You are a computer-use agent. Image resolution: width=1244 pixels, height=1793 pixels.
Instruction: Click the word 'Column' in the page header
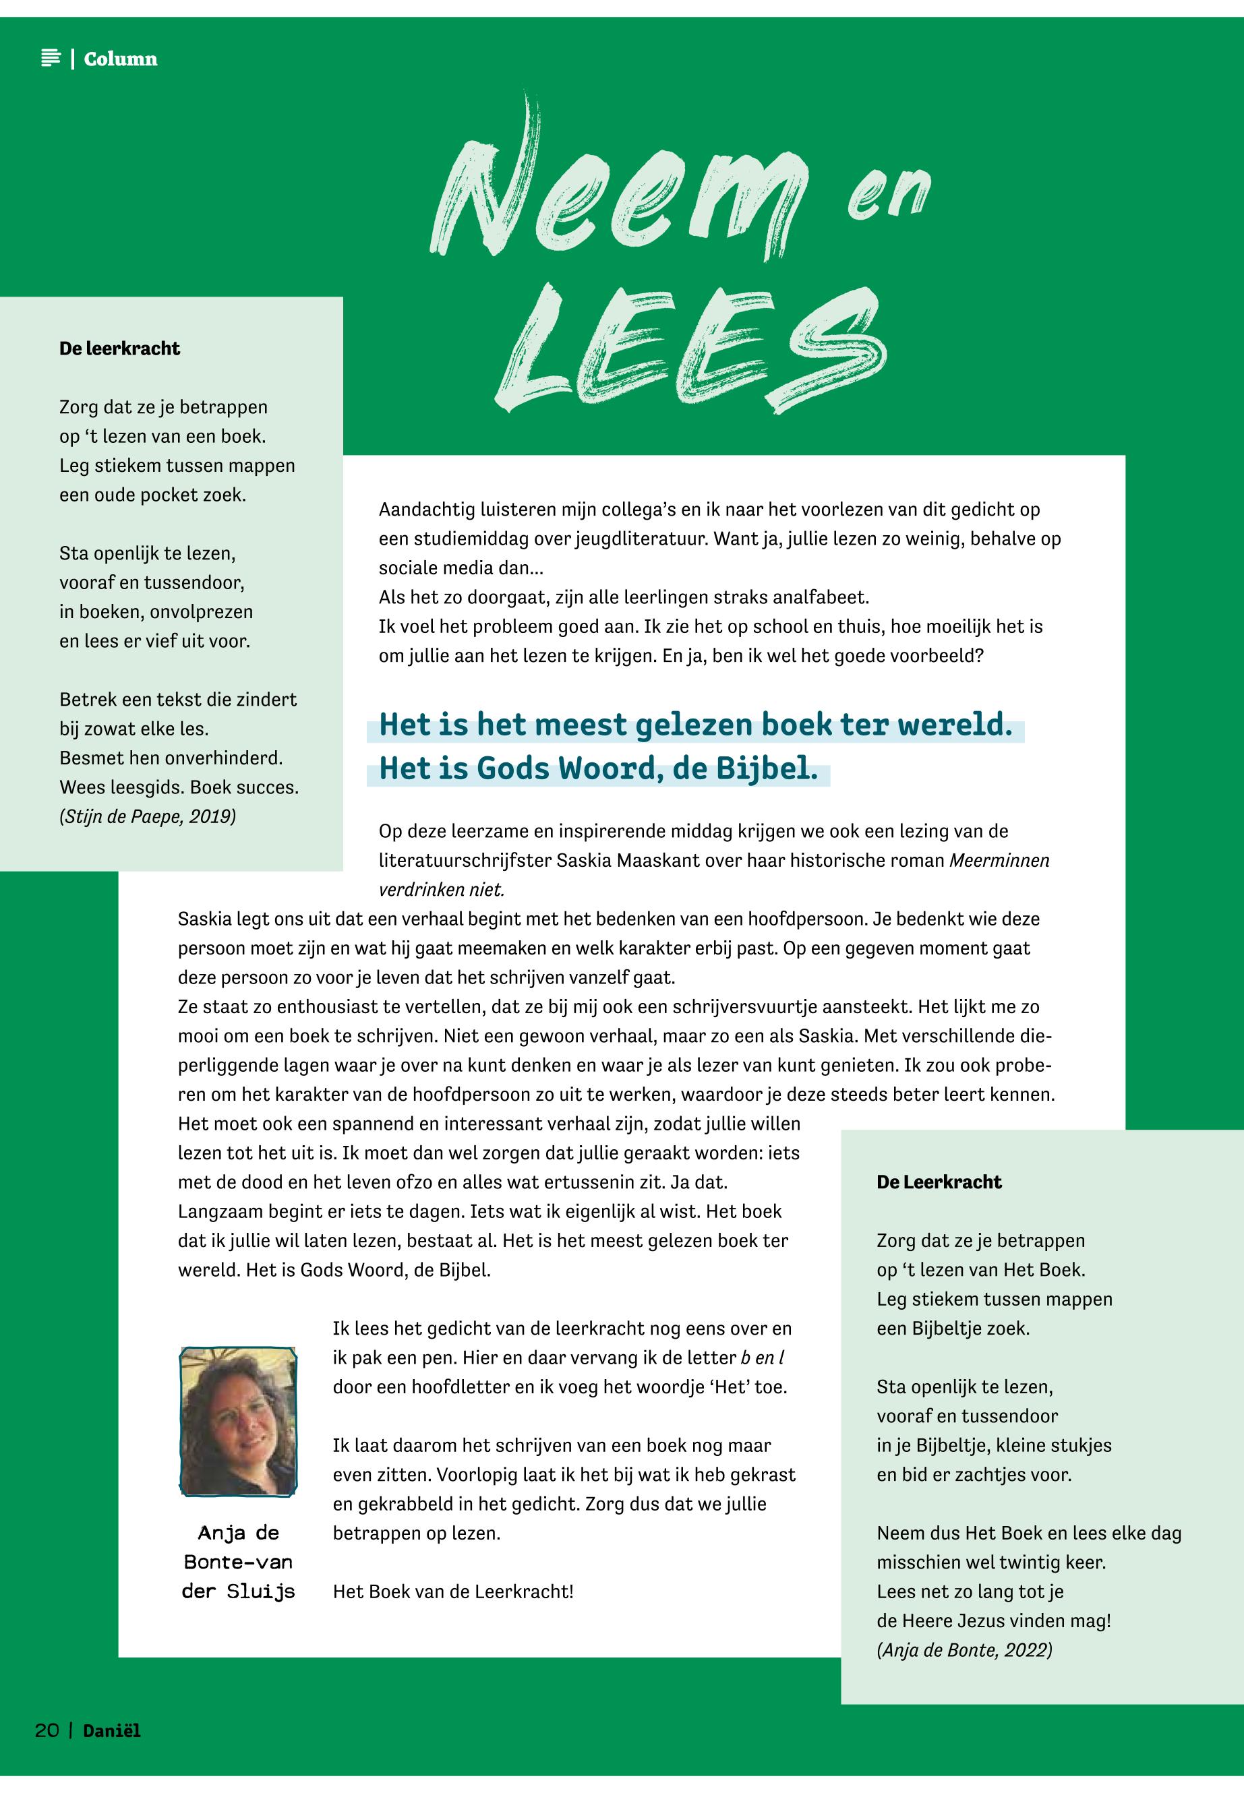point(120,59)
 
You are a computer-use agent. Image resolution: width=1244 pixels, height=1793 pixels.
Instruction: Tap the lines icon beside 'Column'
point(51,59)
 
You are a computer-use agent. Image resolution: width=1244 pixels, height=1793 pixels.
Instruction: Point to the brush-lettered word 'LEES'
point(690,351)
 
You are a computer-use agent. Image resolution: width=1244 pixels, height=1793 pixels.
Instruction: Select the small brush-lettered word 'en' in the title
point(889,195)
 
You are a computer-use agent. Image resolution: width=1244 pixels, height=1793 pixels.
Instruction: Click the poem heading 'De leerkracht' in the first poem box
point(119,348)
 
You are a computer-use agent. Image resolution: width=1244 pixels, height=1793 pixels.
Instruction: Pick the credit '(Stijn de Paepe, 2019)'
point(147,817)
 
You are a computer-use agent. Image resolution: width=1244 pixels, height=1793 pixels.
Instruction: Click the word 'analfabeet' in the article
point(820,598)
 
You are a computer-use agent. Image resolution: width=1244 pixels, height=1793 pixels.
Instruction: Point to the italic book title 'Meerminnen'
point(999,860)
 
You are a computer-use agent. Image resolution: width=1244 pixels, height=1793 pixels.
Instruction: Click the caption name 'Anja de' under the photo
point(238,1533)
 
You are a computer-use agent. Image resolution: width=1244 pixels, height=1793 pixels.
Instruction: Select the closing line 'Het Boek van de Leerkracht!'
point(453,1591)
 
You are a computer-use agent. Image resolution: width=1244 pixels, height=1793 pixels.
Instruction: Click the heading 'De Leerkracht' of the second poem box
point(939,1182)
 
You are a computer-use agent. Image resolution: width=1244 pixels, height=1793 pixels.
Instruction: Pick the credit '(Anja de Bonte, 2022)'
point(964,1649)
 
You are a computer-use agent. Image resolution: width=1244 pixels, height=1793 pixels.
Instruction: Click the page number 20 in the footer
point(47,1731)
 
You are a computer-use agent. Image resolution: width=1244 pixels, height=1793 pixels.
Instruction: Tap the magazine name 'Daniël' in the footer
point(112,1731)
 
